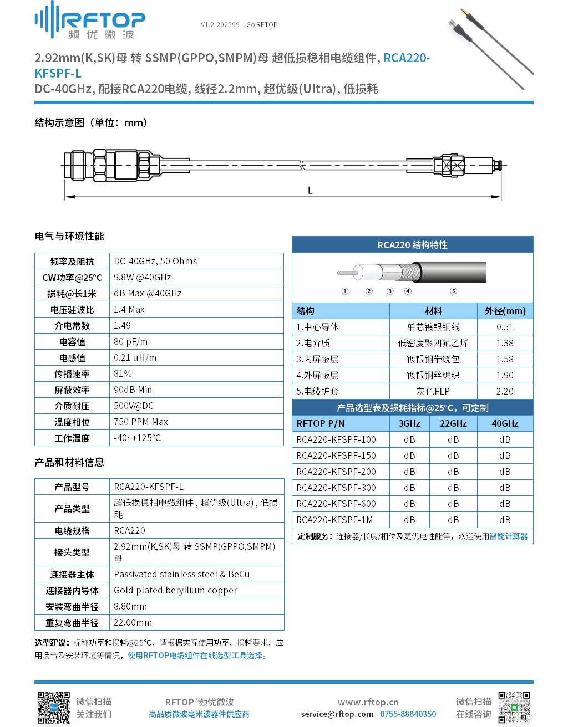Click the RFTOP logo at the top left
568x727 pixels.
(x=90, y=21)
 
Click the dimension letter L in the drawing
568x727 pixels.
(x=310, y=191)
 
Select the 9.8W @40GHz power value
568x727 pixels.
(x=142, y=277)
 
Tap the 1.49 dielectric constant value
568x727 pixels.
(x=122, y=325)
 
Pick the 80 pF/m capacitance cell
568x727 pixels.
(x=130, y=341)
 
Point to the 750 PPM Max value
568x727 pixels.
(x=140, y=422)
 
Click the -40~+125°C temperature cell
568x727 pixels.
(x=137, y=438)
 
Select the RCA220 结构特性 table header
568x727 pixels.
(x=412, y=245)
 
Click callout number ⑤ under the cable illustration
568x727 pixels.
(x=453, y=291)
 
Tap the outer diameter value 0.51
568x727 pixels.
(x=505, y=327)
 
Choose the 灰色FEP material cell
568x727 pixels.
(x=433, y=391)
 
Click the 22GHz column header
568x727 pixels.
(x=453, y=423)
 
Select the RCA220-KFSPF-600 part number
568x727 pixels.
(x=336, y=504)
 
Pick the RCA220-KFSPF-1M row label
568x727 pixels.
(x=334, y=520)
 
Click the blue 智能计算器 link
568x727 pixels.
(x=508, y=536)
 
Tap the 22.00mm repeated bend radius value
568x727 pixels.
(x=133, y=622)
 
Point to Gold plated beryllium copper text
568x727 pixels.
(x=175, y=590)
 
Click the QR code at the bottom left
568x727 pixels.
(x=53, y=707)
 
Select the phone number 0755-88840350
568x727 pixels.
(x=408, y=714)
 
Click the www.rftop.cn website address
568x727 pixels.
(x=368, y=702)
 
